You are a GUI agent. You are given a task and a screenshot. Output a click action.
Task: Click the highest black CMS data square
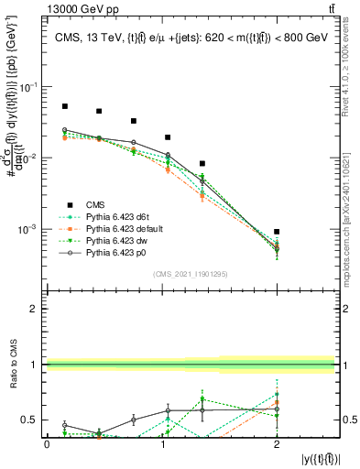click(x=65, y=106)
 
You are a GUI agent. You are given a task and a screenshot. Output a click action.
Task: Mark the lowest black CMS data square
click(x=277, y=232)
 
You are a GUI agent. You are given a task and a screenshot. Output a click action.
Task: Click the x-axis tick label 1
click(x=162, y=444)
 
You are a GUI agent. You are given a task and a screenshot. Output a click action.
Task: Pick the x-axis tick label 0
click(x=47, y=444)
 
